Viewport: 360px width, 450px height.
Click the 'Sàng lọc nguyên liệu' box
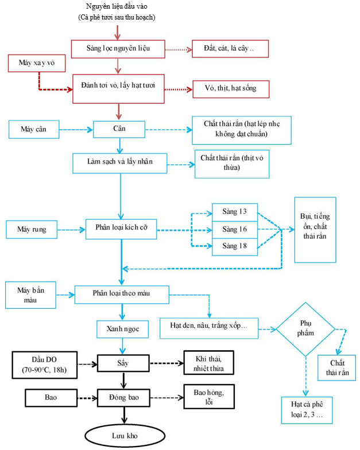click(x=118, y=48)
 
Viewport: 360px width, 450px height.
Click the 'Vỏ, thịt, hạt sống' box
click(x=230, y=89)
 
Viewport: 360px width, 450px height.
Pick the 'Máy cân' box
click(x=33, y=129)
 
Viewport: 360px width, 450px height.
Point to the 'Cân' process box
click(x=119, y=129)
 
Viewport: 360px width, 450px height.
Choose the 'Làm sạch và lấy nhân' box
click(x=119, y=162)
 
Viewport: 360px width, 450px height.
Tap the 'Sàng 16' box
click(x=234, y=230)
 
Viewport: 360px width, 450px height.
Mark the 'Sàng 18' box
click(x=234, y=246)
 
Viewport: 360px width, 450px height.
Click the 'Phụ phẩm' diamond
click(x=305, y=329)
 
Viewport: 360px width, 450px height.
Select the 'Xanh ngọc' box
click(x=123, y=329)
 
